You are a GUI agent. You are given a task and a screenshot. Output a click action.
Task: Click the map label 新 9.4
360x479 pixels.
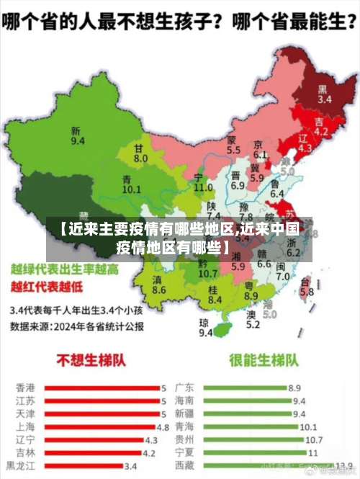[76, 135]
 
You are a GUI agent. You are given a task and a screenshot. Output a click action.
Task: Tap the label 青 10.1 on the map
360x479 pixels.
[131, 184]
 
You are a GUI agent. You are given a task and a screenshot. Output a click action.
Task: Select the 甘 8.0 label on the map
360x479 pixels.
[140, 153]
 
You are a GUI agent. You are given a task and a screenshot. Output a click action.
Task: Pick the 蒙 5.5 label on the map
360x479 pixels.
[233, 145]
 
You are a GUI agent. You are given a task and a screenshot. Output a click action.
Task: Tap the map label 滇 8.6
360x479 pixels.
[158, 285]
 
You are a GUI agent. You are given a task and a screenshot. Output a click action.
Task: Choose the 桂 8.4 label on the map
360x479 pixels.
[213, 293]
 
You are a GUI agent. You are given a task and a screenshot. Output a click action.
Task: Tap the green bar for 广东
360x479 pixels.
[244, 388]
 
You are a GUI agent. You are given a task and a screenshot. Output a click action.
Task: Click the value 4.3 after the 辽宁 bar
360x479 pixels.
[151, 439]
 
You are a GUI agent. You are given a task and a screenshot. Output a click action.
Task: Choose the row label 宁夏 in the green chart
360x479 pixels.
[184, 452]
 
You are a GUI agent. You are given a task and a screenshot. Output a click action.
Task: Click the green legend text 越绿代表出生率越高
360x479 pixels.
[65, 269]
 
